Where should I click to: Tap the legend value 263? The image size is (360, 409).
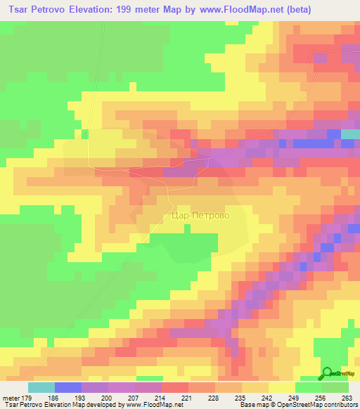[346, 398]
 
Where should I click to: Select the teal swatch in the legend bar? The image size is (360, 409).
[41, 387]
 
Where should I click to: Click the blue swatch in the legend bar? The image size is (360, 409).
[68, 387]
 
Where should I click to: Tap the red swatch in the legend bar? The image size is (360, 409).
[175, 387]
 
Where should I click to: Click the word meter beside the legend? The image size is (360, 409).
[10, 398]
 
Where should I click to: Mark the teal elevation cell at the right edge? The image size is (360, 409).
[350, 134]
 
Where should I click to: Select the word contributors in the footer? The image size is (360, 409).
[340, 405]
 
